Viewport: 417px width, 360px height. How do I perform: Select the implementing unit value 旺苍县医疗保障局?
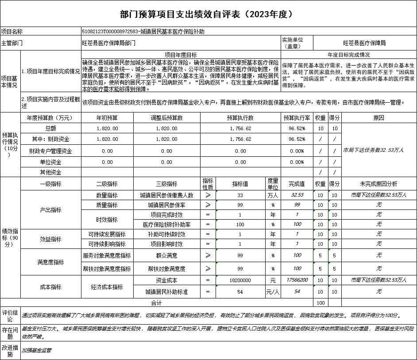(x=364, y=43)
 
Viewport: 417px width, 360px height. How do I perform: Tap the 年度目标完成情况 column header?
(x=348, y=55)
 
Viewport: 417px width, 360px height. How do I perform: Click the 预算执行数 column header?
(x=240, y=118)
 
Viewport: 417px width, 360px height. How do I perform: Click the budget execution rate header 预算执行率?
(x=297, y=118)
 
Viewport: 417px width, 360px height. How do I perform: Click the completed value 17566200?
(x=297, y=280)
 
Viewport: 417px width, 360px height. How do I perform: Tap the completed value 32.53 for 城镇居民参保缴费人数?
(x=297, y=195)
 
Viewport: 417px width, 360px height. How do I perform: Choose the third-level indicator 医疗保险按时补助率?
(x=166, y=225)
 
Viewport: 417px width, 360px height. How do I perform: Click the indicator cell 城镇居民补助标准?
(x=166, y=292)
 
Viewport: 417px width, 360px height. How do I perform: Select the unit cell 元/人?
(x=273, y=292)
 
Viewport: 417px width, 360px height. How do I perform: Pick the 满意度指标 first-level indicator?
(x=50, y=262)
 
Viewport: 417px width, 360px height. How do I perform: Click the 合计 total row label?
(x=156, y=303)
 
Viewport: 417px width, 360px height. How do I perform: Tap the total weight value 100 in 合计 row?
(x=320, y=303)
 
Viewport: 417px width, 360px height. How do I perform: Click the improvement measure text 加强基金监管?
(x=37, y=350)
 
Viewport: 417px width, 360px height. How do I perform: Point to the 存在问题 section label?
(x=10, y=333)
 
